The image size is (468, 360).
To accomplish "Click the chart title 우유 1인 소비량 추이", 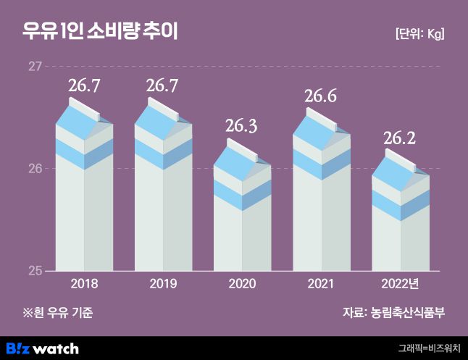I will (100, 32).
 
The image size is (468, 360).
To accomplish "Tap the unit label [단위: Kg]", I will (419, 34).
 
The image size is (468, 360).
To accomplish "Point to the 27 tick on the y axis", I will (34, 67).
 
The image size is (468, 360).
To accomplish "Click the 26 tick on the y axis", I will (34, 169).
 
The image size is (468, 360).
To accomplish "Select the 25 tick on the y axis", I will (34, 271).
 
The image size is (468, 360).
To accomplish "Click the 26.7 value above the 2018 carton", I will (84, 86).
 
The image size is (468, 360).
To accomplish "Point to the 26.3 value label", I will (241, 126).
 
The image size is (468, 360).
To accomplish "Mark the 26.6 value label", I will (321, 96).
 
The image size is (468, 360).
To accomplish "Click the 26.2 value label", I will (400, 138).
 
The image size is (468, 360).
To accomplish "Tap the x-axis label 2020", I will (241, 284).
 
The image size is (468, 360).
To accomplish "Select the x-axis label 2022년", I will (400, 284).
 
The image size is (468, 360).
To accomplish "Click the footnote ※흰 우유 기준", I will (58, 313).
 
